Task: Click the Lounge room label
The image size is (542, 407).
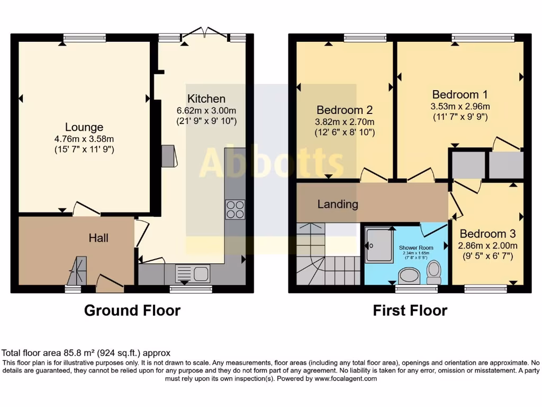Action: pos(84,127)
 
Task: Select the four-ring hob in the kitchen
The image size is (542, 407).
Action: pos(235,209)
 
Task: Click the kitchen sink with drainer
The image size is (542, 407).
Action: pos(193,274)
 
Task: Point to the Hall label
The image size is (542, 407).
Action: pos(98,238)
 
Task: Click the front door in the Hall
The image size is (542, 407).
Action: pos(110,282)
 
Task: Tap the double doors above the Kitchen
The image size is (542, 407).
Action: pos(204,33)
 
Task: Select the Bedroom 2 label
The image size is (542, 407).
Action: pos(345,110)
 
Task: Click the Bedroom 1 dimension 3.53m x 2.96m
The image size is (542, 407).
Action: pos(459,106)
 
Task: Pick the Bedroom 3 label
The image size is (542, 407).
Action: pos(487,234)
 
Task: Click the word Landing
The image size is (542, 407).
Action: pos(338,204)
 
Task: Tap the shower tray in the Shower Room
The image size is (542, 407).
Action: pos(380,245)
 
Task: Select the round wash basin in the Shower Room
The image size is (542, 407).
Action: pos(408,275)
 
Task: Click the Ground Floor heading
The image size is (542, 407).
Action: pos(132,311)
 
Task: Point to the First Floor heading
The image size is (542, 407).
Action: pos(410,311)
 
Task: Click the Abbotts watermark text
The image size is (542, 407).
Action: pos(271,162)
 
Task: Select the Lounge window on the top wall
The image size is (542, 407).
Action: pos(84,38)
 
